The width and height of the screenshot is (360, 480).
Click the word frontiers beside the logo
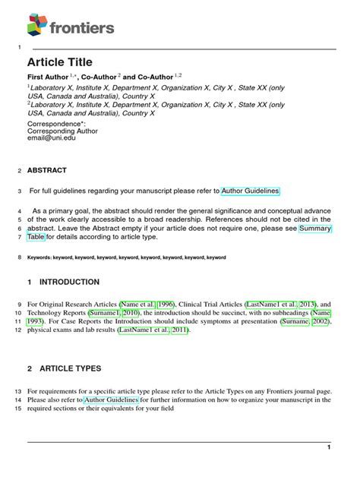(82, 28)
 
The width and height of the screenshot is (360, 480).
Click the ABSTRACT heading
(47, 170)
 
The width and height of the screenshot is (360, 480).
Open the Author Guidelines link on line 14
(112, 399)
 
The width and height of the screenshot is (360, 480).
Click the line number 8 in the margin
(19, 257)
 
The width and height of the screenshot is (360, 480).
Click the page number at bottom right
(328, 448)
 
